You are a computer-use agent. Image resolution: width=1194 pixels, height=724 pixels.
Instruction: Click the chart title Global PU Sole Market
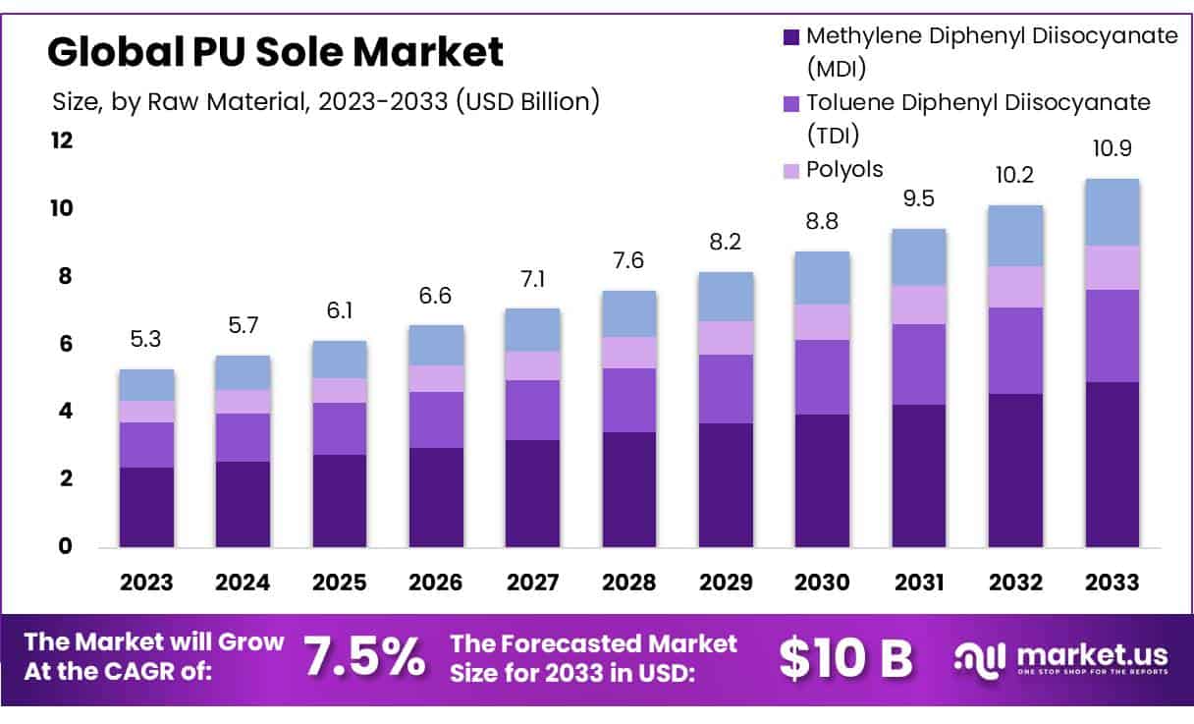click(x=276, y=51)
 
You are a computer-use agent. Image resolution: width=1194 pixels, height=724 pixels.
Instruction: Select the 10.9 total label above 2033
click(x=1112, y=149)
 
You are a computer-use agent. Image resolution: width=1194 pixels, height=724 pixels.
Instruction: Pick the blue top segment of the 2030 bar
click(x=822, y=278)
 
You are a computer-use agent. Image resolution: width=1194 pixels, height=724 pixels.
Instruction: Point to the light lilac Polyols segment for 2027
click(x=532, y=365)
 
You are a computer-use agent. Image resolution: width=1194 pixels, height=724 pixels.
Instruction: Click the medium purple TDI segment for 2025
click(x=340, y=428)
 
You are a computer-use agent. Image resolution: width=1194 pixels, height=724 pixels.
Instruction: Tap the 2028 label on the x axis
click(x=629, y=583)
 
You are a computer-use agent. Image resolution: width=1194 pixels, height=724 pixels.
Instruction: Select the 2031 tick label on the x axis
click(x=919, y=583)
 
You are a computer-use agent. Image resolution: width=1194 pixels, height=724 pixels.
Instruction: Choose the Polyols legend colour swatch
click(x=790, y=171)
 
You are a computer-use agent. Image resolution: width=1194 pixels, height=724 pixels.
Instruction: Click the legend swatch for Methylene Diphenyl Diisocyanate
click(x=790, y=37)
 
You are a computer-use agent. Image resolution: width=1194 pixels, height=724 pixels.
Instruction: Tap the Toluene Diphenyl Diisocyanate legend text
click(x=978, y=102)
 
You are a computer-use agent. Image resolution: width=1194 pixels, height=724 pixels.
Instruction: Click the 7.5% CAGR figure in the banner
click(x=364, y=657)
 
